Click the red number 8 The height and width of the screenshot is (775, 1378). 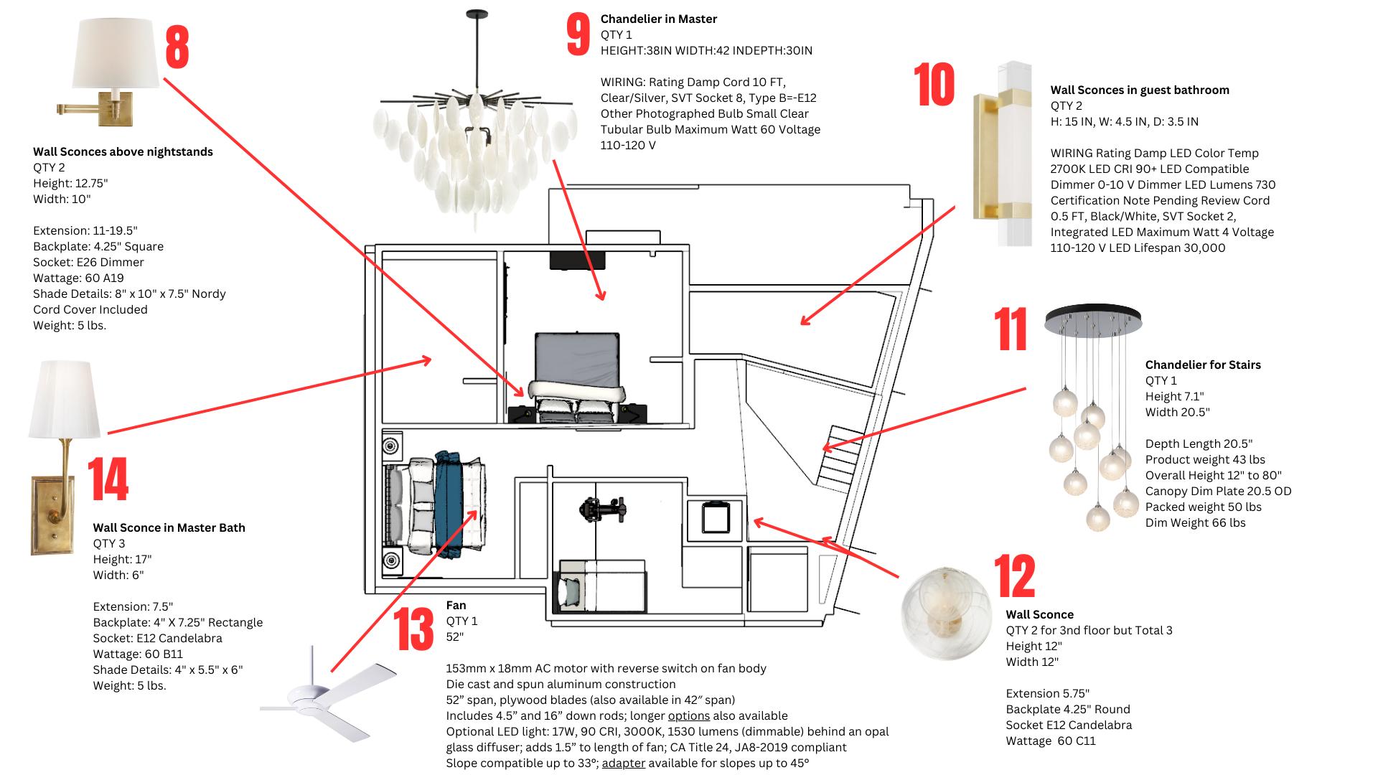(177, 47)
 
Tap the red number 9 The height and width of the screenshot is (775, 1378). (578, 34)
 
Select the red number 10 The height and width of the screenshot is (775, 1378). (934, 85)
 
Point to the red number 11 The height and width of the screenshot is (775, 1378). (1011, 329)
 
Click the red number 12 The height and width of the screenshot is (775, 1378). (1014, 576)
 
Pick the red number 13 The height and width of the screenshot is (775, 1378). (414, 629)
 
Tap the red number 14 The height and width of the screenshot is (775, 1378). (108, 479)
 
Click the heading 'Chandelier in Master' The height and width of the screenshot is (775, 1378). (658, 19)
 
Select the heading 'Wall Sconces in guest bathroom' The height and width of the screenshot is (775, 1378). (1140, 90)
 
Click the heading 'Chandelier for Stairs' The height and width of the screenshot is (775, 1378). (1202, 365)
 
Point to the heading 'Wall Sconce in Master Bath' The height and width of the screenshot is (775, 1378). (169, 527)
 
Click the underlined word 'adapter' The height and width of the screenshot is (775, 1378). (623, 763)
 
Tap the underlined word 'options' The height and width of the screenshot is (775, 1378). (688, 715)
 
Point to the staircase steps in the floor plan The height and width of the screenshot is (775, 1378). (838, 459)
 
